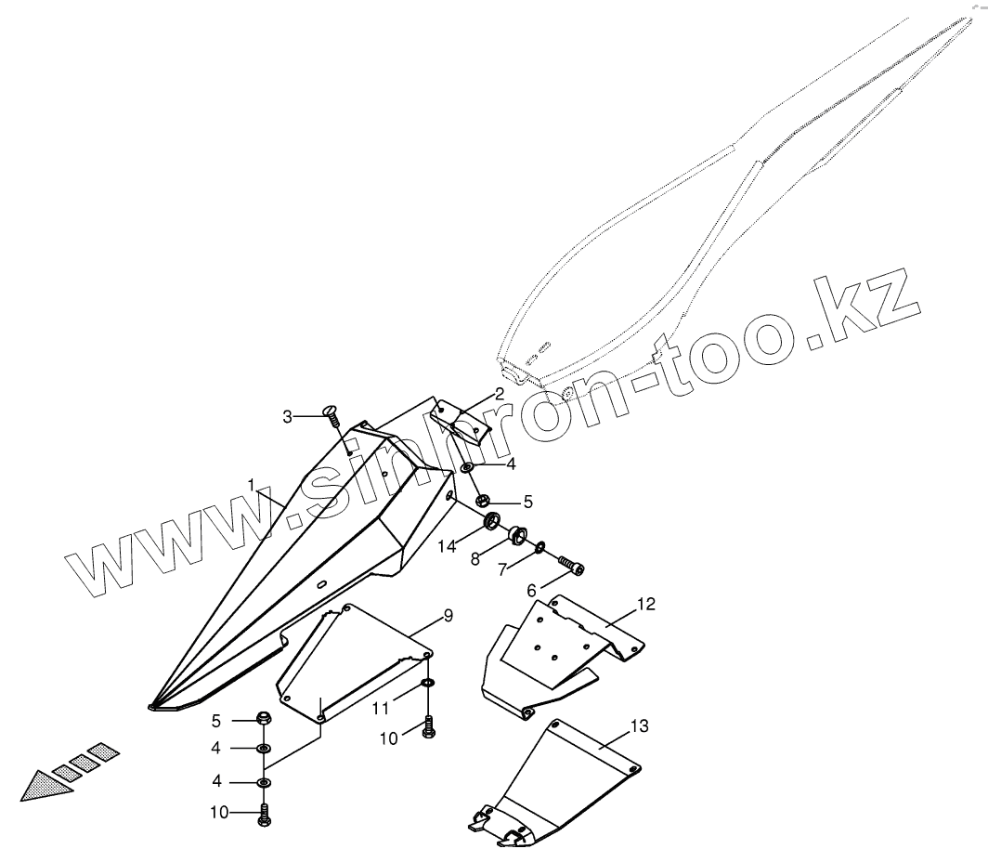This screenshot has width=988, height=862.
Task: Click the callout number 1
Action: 252,484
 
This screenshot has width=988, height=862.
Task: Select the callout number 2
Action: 500,394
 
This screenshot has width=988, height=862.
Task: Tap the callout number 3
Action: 288,416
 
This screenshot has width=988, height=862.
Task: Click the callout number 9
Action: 448,617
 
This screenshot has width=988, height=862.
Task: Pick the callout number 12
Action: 646,605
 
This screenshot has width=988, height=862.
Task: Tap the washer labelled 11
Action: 427,685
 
